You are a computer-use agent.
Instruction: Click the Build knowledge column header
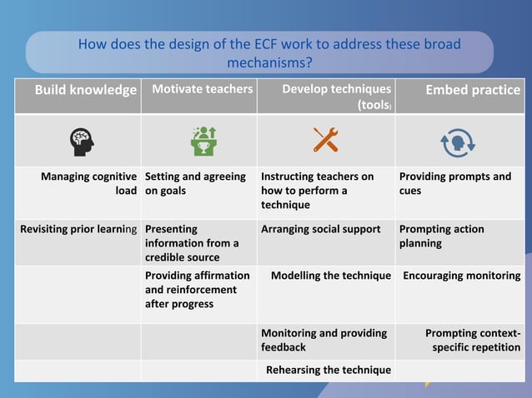[85, 90]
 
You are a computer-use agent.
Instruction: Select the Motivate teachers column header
[202, 89]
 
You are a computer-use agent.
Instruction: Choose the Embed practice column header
[473, 90]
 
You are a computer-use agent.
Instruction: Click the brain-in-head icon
[82, 141]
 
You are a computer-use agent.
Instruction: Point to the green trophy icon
[203, 141]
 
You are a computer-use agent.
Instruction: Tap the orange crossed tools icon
[325, 141]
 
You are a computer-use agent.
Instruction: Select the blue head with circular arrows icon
[457, 142]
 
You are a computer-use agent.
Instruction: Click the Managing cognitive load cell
[89, 183]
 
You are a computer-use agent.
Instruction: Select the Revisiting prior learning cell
[79, 229]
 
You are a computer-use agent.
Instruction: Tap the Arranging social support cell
[320, 229]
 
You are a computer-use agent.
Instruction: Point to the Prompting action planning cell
[441, 236]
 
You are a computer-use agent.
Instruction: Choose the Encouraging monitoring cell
[462, 276]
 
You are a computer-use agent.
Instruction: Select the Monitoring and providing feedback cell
[324, 339]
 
